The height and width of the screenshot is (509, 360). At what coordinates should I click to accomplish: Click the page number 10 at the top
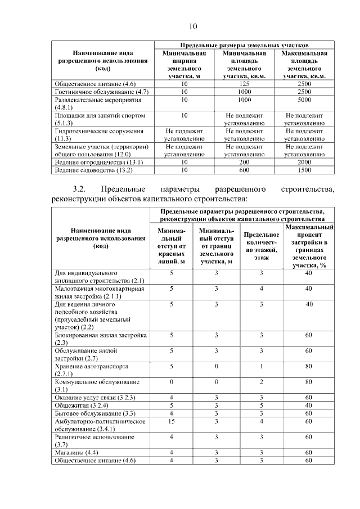point(193,26)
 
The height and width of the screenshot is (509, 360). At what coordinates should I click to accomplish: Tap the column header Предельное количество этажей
point(260,246)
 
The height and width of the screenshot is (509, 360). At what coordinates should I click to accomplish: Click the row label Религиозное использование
point(94,437)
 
